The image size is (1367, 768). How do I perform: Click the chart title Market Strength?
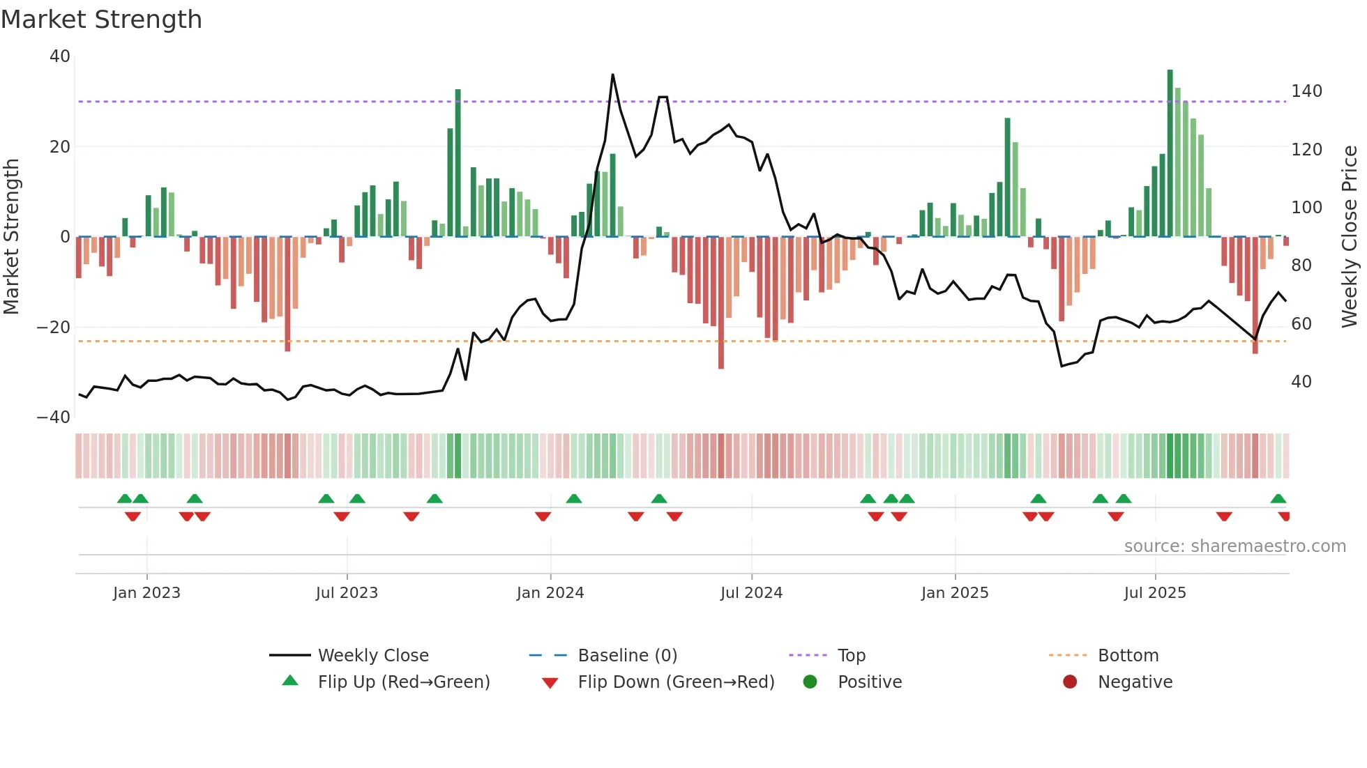[x=101, y=20]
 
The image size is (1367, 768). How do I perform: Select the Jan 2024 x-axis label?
[x=550, y=593]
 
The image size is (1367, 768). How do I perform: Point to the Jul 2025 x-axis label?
[x=1155, y=593]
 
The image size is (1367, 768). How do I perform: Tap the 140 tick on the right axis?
[x=1306, y=91]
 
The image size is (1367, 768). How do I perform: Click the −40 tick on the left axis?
[x=54, y=417]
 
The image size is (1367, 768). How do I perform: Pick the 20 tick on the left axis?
[x=60, y=147]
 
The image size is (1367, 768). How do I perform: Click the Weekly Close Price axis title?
[x=1350, y=237]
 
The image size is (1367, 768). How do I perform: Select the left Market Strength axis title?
[x=12, y=237]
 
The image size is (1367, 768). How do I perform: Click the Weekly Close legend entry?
[x=372, y=656]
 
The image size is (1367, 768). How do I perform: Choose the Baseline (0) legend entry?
[x=627, y=656]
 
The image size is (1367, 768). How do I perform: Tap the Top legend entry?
[x=851, y=656]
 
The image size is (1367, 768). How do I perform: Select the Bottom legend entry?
[x=1128, y=656]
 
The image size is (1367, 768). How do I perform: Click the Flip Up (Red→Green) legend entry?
[x=403, y=682]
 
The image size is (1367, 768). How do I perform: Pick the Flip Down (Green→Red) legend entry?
[x=675, y=682]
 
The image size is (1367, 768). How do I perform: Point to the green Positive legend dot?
[x=810, y=682]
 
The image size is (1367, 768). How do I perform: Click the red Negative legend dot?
[x=1070, y=682]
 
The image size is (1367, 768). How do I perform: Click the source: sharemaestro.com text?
[x=1234, y=546]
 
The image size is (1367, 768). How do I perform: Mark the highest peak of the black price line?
[x=612, y=75]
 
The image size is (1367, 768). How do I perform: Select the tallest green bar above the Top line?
[x=1170, y=153]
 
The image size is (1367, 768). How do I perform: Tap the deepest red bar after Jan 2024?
[x=720, y=303]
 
